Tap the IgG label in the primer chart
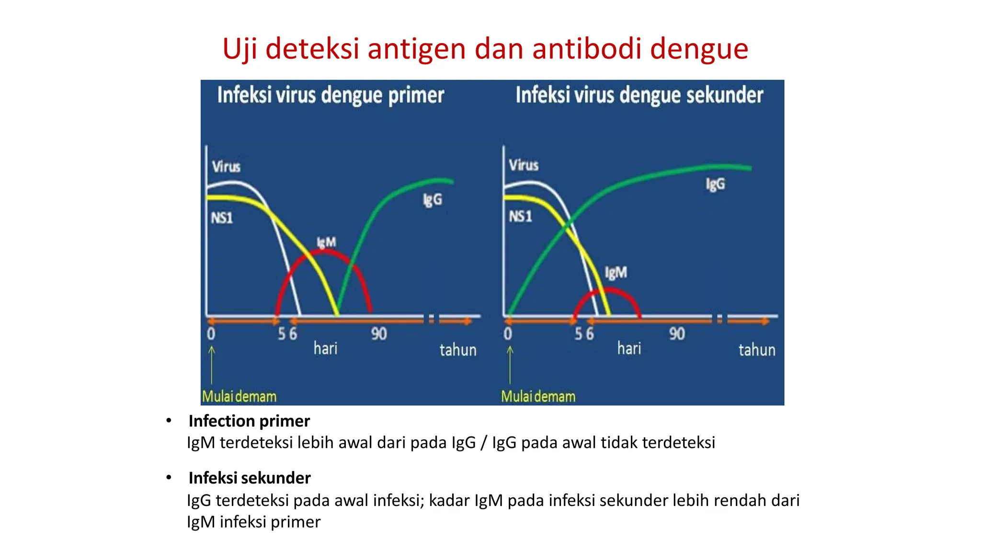(x=432, y=200)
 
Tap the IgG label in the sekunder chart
(x=715, y=184)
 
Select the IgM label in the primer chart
(x=326, y=242)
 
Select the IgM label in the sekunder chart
(x=616, y=273)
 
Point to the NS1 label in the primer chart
(x=222, y=218)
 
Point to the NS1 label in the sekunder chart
(x=520, y=217)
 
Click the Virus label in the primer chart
(x=226, y=167)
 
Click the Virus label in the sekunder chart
(x=524, y=165)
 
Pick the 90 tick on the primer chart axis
(x=378, y=333)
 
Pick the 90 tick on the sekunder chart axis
(x=677, y=333)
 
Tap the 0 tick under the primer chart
(x=211, y=333)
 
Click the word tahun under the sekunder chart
(x=757, y=350)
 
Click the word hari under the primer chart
(x=325, y=348)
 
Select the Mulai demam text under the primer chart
(x=239, y=396)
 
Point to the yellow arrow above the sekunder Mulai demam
(x=510, y=364)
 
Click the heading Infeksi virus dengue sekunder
(x=639, y=95)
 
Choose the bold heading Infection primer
(x=249, y=421)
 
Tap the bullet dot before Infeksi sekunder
(x=169, y=477)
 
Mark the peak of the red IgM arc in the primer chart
(x=325, y=251)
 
